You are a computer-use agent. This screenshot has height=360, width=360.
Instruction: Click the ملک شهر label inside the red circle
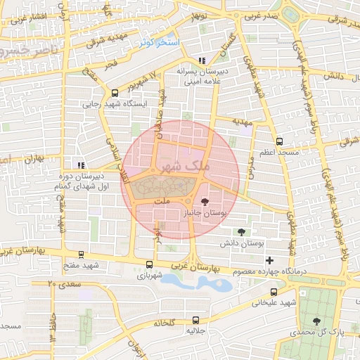pos(186,167)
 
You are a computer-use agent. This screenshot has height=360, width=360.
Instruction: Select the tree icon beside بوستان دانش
pos(242,232)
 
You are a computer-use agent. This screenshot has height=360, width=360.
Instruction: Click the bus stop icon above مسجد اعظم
pos(279,141)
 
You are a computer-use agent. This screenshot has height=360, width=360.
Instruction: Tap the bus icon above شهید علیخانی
pos(274,292)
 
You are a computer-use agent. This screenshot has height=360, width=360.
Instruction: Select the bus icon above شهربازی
pos(149,265)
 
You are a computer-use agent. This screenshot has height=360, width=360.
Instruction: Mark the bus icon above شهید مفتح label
pos(81,255)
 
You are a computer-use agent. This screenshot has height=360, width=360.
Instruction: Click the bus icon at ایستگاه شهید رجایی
pos(115,93)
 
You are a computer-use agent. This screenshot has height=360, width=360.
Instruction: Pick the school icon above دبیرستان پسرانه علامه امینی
pos(202,60)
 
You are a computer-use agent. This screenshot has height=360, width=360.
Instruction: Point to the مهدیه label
pos(233,122)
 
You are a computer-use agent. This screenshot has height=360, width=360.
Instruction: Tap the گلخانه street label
pos(162,323)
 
